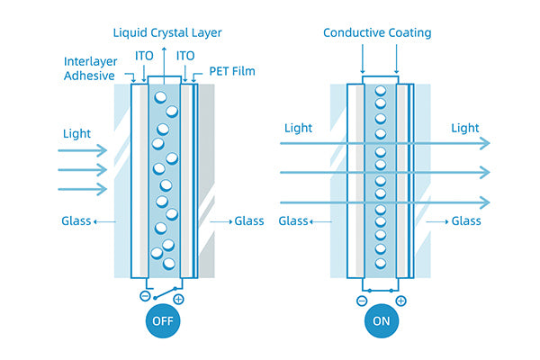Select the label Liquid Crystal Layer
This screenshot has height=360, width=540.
point(167,33)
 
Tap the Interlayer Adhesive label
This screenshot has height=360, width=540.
point(90,68)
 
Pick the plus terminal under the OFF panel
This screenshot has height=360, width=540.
point(178,299)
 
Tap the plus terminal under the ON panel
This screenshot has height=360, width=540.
point(400,301)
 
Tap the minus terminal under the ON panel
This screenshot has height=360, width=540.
point(362,301)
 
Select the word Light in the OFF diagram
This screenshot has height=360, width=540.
point(77,134)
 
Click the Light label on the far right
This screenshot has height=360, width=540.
point(464,129)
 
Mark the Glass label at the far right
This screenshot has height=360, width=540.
point(466,221)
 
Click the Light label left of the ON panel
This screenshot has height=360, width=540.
point(298,129)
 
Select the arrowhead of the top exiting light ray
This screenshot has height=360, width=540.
point(486,143)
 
